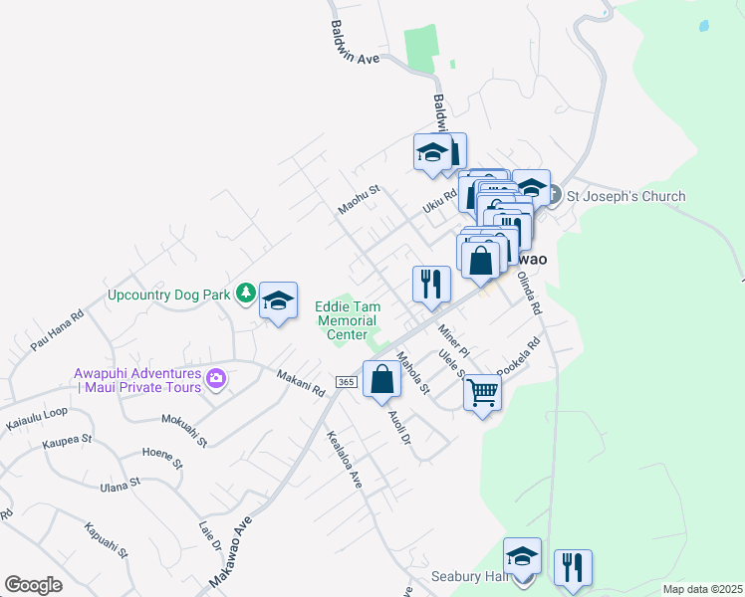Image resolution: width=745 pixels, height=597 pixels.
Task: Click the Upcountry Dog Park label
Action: tap(168, 295)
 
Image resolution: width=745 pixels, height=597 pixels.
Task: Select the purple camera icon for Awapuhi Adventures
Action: tap(215, 378)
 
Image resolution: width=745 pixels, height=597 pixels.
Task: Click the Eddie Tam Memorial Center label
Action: tap(346, 320)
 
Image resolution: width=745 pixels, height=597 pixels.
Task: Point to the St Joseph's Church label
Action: tap(625, 196)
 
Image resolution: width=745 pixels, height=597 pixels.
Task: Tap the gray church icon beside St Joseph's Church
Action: tap(555, 195)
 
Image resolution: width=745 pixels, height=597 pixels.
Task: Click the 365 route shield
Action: tap(346, 382)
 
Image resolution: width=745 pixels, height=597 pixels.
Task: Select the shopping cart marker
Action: tap(482, 394)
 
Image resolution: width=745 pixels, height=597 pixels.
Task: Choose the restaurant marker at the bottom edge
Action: tap(573, 567)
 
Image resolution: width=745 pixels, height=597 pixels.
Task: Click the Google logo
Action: tap(33, 584)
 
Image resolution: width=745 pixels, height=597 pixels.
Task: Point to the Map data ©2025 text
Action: tap(701, 589)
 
